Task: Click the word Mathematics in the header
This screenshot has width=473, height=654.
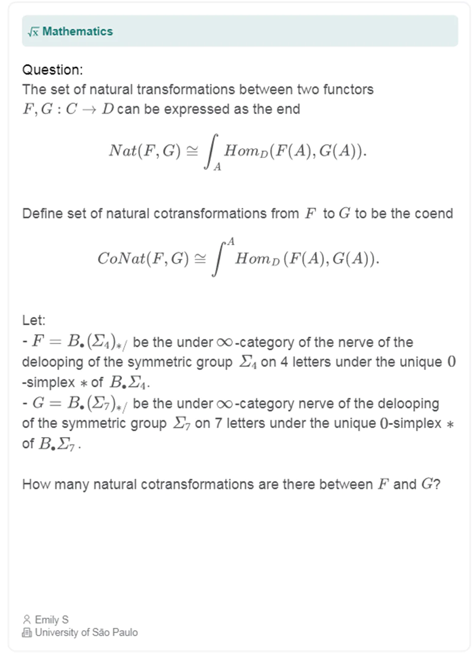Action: click(x=77, y=32)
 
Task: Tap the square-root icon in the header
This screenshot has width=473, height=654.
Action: click(x=33, y=32)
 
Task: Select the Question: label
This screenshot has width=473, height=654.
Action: click(x=53, y=70)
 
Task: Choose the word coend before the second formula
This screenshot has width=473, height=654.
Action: click(x=433, y=214)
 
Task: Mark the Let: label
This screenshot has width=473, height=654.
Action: click(x=34, y=320)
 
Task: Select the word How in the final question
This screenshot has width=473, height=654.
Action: click(x=34, y=484)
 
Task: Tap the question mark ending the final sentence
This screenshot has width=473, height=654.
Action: click(x=437, y=484)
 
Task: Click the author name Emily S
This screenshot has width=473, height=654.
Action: click(x=52, y=620)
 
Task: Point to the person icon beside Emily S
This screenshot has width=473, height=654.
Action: click(x=27, y=620)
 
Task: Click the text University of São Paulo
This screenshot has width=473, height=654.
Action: click(x=86, y=632)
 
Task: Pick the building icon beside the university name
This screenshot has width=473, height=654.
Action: click(x=27, y=632)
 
